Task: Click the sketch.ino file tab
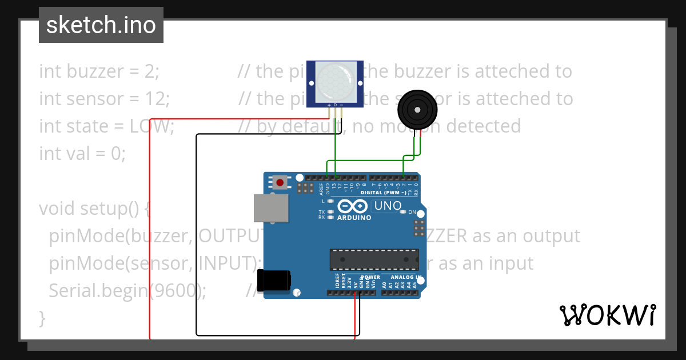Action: tap(101, 25)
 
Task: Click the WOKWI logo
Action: tap(607, 315)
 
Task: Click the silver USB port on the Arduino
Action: tap(272, 207)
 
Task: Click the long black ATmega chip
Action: tap(374, 259)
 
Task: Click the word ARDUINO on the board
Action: tap(354, 218)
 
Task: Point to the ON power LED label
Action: tap(412, 212)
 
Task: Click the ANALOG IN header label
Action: tap(406, 277)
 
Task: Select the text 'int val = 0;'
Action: tap(82, 153)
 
